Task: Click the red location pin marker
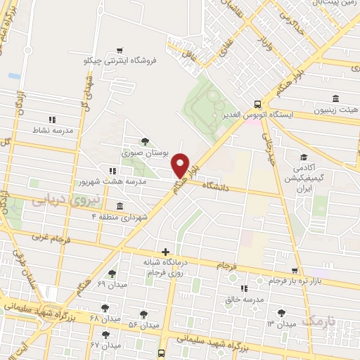(181, 164)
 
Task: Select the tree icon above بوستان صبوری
(145, 141)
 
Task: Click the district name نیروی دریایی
(59, 200)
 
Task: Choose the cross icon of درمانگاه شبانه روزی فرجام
(165, 251)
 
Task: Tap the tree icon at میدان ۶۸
(105, 307)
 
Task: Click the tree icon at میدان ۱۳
(282, 313)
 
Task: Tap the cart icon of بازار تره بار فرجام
(295, 271)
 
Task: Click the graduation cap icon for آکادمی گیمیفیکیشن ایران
(304, 157)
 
